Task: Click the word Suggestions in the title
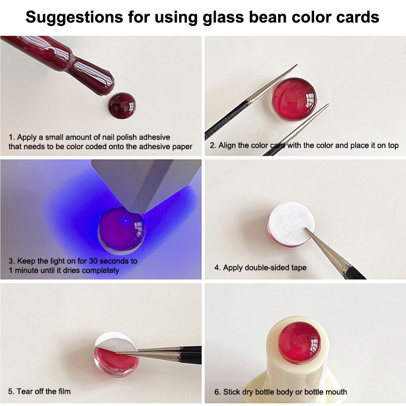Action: click(74, 18)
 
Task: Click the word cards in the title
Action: click(358, 17)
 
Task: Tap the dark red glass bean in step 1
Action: click(122, 106)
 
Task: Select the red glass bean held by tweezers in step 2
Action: click(294, 99)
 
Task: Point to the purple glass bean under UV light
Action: click(122, 229)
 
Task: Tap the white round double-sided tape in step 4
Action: click(291, 223)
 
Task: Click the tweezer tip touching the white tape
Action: click(306, 229)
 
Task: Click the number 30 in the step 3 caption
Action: click(93, 261)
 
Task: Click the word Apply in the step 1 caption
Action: click(27, 137)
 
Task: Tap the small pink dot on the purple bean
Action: click(126, 221)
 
